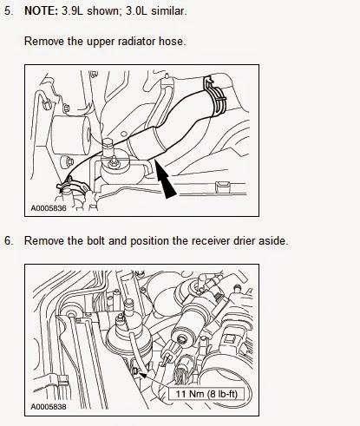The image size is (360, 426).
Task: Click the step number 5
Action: tap(9, 11)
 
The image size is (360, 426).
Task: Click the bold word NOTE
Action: tap(42, 11)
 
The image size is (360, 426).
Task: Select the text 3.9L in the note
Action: tap(73, 11)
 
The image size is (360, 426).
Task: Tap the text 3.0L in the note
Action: tap(137, 11)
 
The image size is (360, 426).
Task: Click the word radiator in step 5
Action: tap(137, 41)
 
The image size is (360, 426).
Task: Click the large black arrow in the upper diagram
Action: tap(166, 180)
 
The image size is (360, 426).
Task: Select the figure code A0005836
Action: tap(49, 208)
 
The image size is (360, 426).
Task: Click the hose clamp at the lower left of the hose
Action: tap(71, 186)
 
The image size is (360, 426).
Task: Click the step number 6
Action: tap(9, 241)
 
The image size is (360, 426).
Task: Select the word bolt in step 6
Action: tap(95, 241)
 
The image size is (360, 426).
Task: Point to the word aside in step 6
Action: tap(273, 241)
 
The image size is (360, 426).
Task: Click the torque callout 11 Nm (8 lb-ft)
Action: tap(206, 394)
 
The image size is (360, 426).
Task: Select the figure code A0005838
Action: tap(49, 407)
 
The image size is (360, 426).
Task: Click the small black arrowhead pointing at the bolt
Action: tap(142, 375)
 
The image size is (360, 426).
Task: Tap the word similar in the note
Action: tap(169, 11)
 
